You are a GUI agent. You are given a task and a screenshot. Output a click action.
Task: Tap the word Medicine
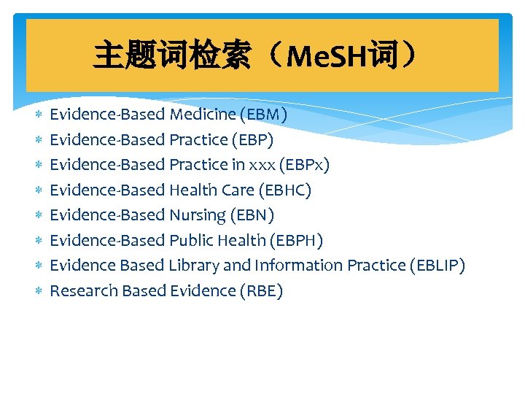pyautogui.click(x=202, y=115)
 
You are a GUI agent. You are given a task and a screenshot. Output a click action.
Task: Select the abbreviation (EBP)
pyautogui.click(x=252, y=139)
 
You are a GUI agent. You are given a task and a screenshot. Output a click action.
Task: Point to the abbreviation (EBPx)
pyautogui.click(x=304, y=165)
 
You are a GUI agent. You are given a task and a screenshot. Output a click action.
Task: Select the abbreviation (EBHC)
pyautogui.click(x=284, y=190)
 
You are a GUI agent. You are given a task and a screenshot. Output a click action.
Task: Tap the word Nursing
pyautogui.click(x=197, y=215)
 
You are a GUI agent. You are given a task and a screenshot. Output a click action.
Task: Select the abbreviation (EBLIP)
pyautogui.click(x=435, y=266)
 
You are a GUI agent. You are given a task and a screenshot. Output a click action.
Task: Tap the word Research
pyautogui.click(x=83, y=290)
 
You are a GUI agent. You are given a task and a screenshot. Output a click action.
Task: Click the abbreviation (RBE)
pyautogui.click(x=261, y=290)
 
